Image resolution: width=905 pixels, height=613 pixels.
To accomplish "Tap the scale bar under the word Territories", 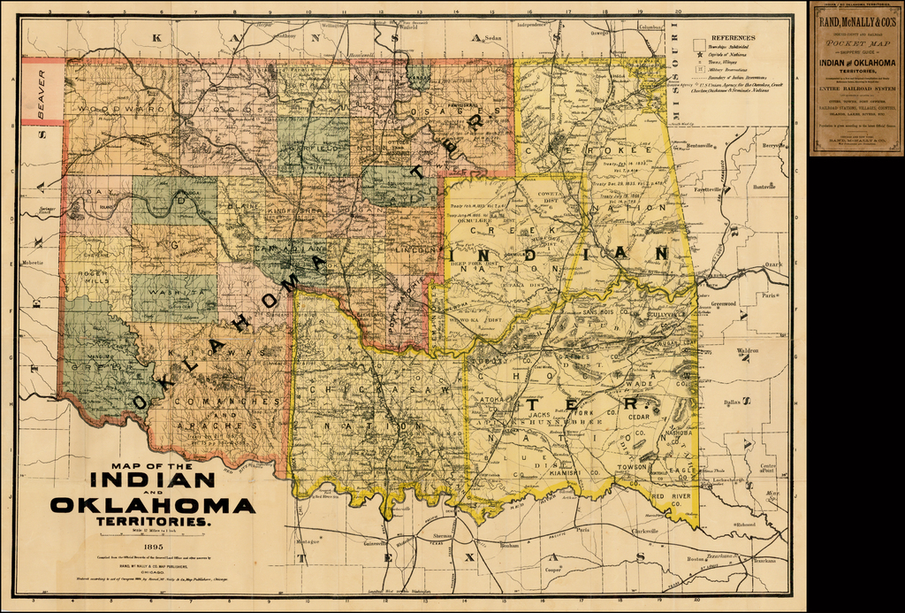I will coord(153,533).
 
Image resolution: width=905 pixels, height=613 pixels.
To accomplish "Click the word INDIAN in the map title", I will coord(153,480).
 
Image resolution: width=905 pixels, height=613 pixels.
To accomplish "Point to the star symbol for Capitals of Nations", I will coord(699,55).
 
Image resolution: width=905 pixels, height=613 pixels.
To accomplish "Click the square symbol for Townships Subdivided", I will coord(699,44).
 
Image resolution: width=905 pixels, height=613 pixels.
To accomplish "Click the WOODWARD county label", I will coord(110,108).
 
